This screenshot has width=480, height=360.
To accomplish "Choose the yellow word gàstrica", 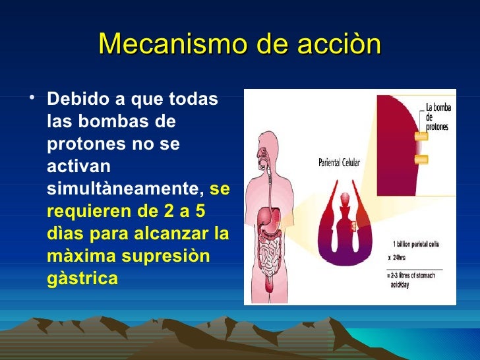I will point(83,279).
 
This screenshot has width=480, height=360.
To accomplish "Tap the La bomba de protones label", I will point(436,115).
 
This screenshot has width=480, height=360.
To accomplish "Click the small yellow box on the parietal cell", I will point(354,227).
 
